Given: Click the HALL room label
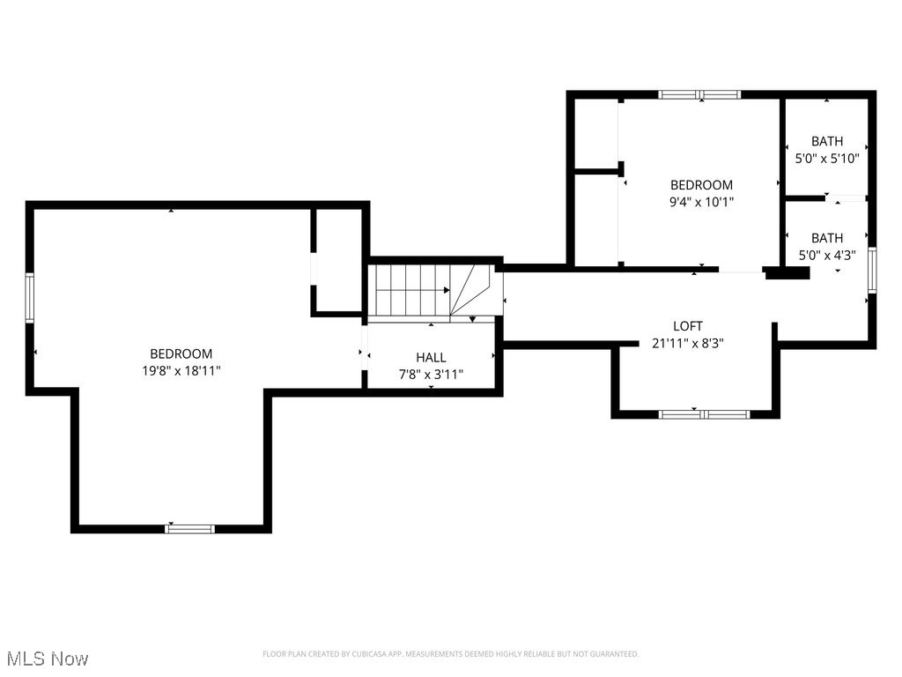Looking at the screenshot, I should pos(431,357).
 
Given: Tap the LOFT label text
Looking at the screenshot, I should pos(688,326).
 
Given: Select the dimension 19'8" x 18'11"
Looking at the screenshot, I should pos(181,371).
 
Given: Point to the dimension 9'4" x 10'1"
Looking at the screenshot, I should pos(701,202).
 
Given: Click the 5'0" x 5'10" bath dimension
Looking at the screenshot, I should pos(826,159).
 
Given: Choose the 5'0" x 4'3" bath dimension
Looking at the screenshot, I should pos(826,256).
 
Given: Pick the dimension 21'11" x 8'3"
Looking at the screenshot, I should pos(688,344).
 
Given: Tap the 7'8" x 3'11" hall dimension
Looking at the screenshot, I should pos(431,375).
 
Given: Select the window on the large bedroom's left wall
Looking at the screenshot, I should pos(29,298).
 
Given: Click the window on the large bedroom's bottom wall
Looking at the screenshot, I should pos(190,529).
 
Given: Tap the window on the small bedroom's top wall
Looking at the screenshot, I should pos(700,94).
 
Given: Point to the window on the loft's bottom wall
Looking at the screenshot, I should pos(704,413).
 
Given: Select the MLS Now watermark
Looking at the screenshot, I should pos(47,658).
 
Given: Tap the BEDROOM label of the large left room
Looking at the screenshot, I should pos(181,353).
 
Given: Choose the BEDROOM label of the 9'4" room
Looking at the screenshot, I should pos(701,185).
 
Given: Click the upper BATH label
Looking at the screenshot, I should pos(826,141).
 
